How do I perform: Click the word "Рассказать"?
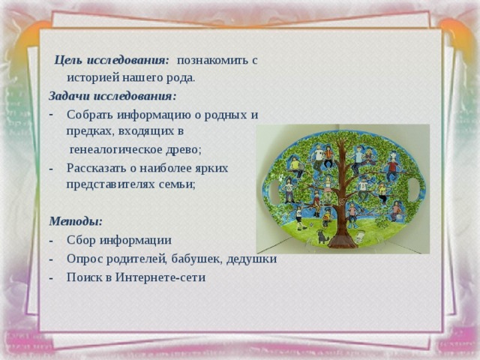tap(100, 167)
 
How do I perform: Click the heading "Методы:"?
tap(76, 221)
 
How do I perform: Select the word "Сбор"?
tap(79, 240)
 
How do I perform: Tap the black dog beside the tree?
tap(323, 236)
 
